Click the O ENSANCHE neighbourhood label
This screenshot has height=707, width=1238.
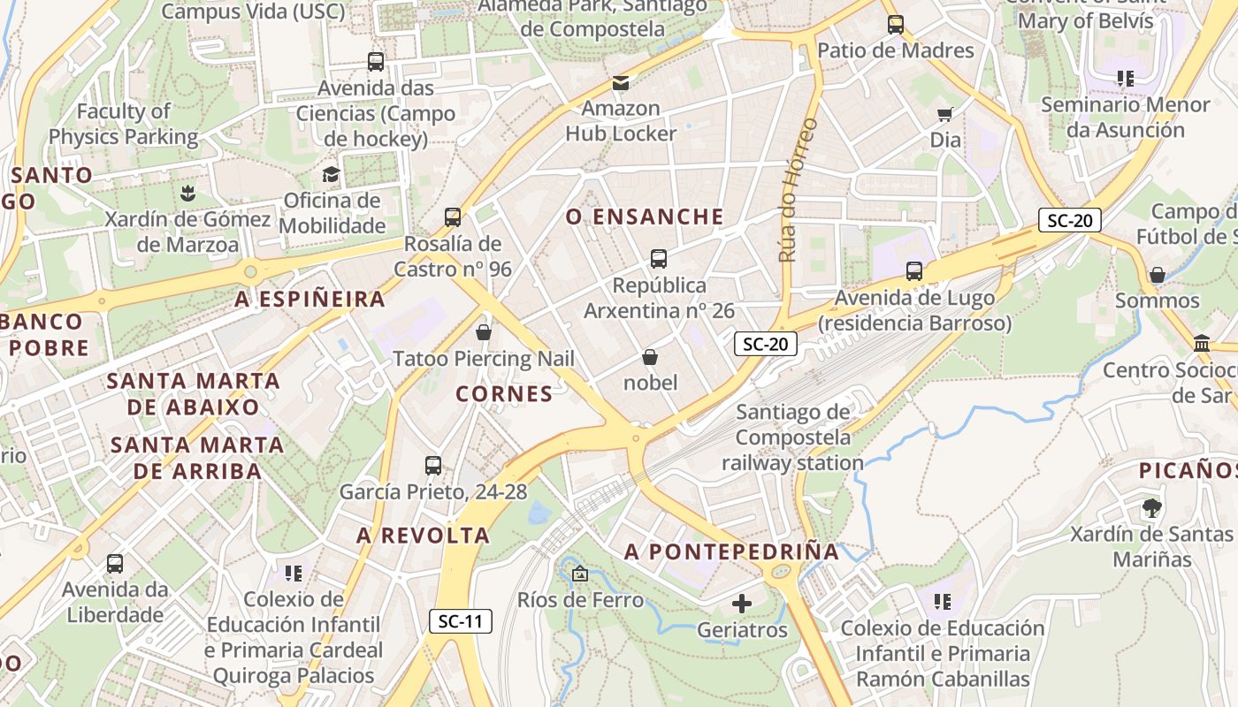(x=645, y=217)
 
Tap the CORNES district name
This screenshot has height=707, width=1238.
(x=504, y=394)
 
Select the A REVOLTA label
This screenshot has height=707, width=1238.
(x=423, y=536)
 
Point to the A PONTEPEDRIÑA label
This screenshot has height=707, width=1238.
(x=731, y=552)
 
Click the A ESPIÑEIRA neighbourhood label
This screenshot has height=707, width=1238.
(x=309, y=300)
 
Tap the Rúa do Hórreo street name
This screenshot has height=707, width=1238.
(x=798, y=190)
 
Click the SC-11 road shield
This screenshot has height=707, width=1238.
(x=461, y=620)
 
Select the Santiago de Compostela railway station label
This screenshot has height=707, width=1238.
(x=792, y=437)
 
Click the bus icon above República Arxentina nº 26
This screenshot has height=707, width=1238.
(x=658, y=259)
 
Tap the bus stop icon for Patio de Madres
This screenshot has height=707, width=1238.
(x=896, y=25)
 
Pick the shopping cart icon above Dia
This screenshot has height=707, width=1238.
(x=945, y=114)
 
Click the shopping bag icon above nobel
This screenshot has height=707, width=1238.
(x=650, y=357)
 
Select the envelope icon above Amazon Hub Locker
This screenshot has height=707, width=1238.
(x=621, y=83)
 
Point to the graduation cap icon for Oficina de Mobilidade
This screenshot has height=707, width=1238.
(x=331, y=174)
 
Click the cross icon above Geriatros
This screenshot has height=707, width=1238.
(x=742, y=604)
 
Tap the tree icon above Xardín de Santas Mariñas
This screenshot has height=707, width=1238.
(x=1151, y=508)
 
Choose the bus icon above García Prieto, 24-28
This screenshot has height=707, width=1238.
(x=433, y=466)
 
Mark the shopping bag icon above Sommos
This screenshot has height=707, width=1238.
(x=1157, y=275)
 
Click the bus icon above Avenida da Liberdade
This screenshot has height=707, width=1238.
(x=115, y=564)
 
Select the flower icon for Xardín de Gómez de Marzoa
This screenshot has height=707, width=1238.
(x=187, y=192)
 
